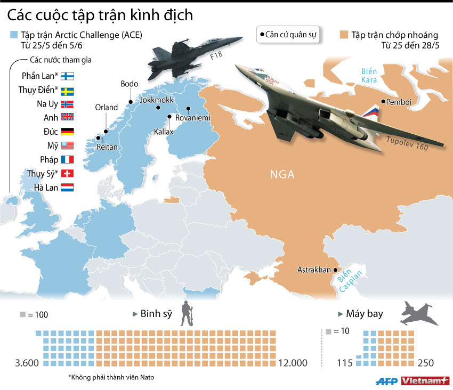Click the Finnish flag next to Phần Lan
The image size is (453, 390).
68,76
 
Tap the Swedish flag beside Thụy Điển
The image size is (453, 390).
68,90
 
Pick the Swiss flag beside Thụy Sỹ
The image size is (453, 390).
68,173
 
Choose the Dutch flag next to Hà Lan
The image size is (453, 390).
68,187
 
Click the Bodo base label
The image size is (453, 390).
130,84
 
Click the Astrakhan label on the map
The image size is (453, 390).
314,270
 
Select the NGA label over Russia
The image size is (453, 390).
282,174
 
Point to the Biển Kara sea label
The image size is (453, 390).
369,76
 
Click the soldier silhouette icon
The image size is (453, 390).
186,314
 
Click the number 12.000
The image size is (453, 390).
293,363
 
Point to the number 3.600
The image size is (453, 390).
27,363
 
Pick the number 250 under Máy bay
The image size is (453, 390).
426,363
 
